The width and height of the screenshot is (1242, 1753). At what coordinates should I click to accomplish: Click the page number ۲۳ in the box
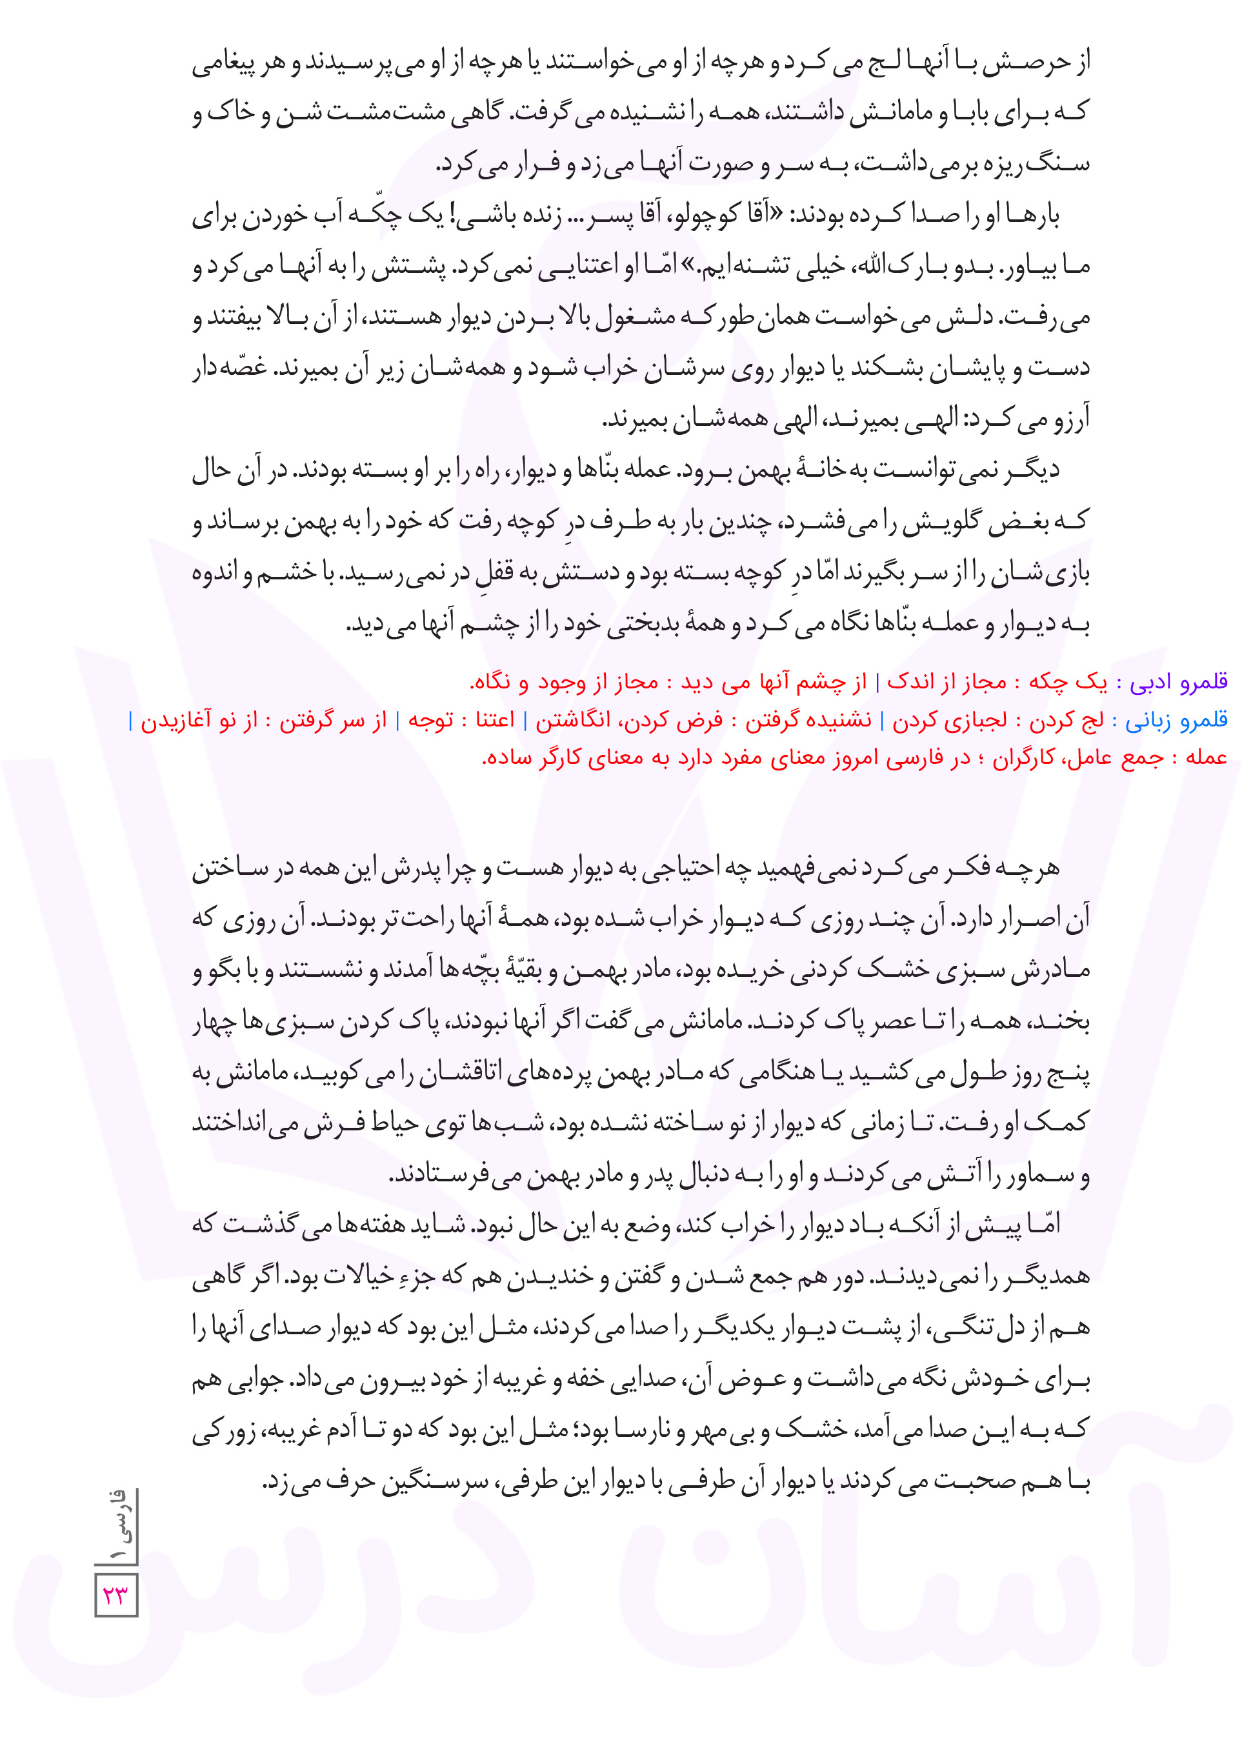[x=116, y=1596]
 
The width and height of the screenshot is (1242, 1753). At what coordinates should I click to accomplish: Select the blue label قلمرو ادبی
[x=1179, y=681]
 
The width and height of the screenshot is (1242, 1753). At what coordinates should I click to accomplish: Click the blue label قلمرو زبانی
[x=1177, y=719]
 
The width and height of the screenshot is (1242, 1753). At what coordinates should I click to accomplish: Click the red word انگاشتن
[x=573, y=719]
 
